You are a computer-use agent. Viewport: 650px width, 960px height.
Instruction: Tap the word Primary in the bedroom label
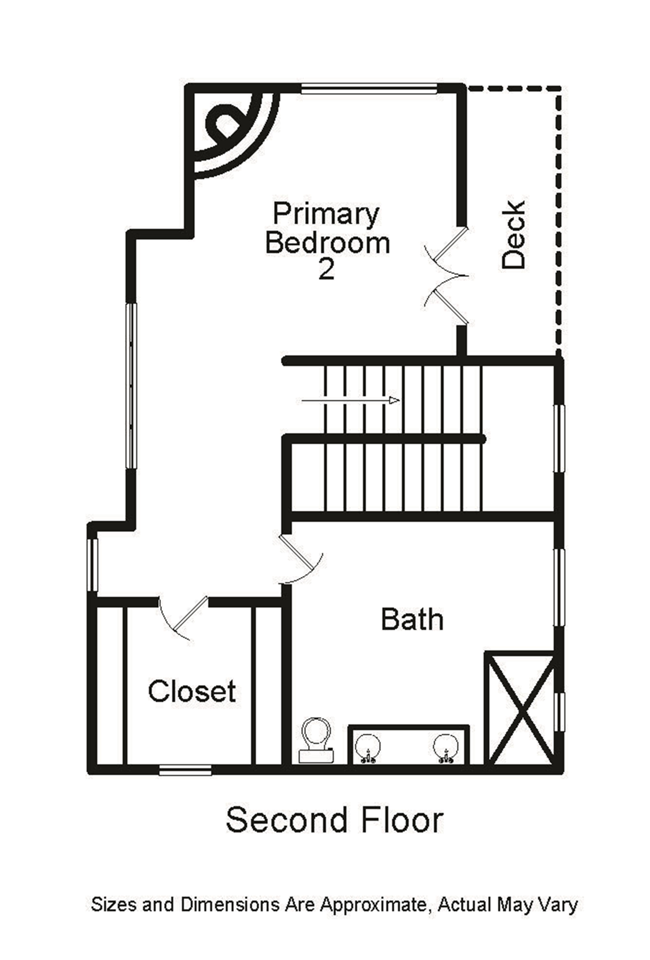[x=326, y=214]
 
